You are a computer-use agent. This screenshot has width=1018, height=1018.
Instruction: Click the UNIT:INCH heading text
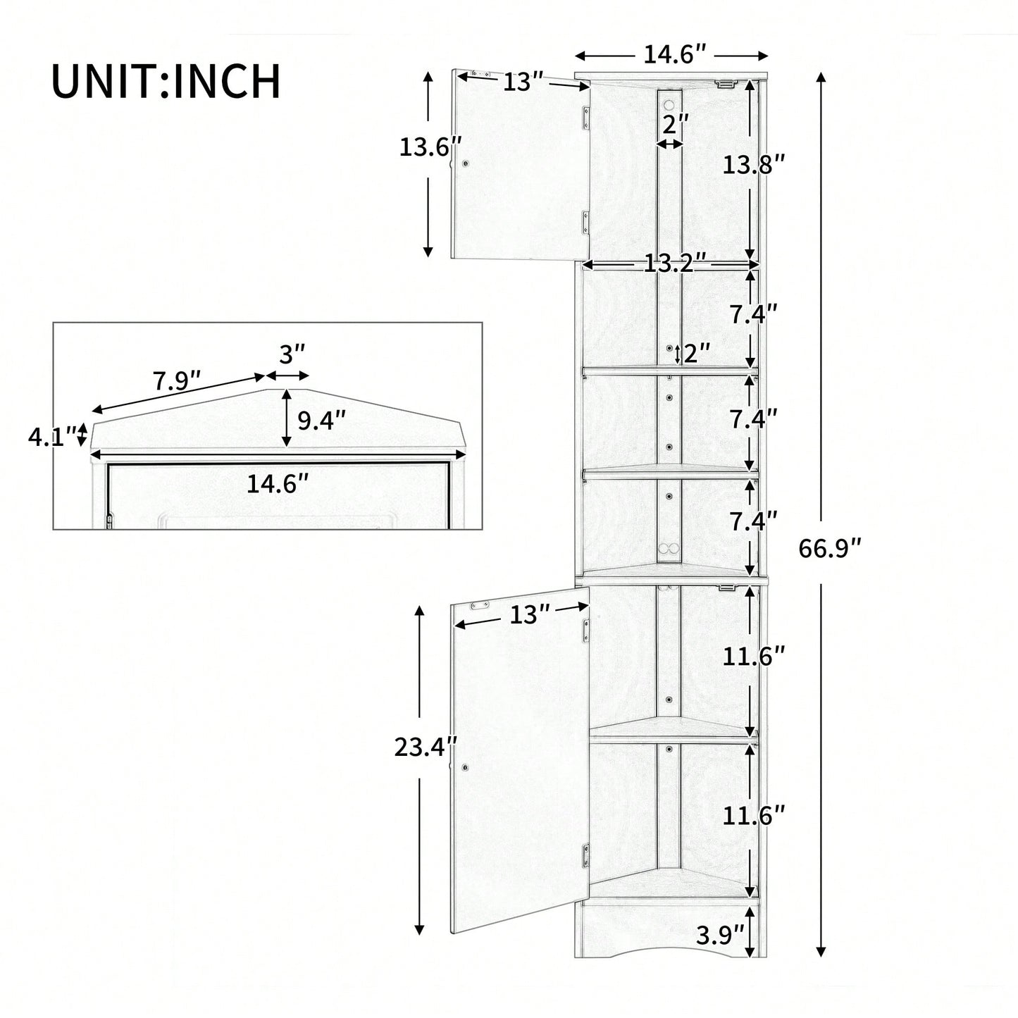click(166, 81)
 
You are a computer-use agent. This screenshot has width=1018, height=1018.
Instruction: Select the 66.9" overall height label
click(829, 549)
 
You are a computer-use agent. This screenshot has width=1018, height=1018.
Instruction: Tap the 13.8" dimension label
click(754, 166)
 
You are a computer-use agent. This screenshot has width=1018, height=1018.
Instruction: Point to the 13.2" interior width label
click(675, 263)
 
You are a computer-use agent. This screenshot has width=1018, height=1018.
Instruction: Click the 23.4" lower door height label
click(426, 747)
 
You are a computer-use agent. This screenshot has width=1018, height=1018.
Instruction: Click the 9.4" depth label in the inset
click(321, 421)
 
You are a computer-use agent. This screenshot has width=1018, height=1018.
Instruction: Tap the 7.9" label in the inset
click(178, 380)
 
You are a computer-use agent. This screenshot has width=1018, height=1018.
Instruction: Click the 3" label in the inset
click(292, 354)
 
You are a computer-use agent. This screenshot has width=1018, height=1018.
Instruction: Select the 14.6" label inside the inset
click(278, 484)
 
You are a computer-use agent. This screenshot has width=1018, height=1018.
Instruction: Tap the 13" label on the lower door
click(530, 614)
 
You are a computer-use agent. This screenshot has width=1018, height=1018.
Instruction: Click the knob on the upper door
click(466, 164)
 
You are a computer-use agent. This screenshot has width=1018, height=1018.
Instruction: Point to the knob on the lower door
click(466, 766)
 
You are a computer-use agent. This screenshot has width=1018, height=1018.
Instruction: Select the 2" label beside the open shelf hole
click(697, 353)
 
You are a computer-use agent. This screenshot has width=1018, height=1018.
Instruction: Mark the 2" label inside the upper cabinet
click(675, 125)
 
